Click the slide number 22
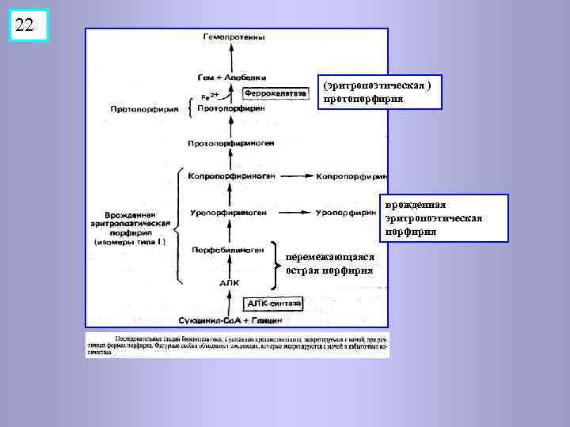point(25,25)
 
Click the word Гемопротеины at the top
point(234,37)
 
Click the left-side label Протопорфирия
point(145,109)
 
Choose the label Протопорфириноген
point(231,144)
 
